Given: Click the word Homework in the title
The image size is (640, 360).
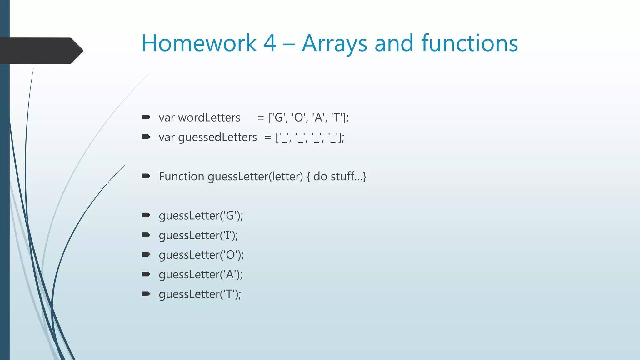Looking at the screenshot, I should tap(199, 43).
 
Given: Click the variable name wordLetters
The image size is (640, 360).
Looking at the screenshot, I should tap(209, 118).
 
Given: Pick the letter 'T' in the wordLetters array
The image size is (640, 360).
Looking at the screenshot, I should tap(337, 118).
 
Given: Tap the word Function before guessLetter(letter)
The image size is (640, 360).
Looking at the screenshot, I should tap(181, 177).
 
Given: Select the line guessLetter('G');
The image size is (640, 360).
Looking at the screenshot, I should tap(201, 216).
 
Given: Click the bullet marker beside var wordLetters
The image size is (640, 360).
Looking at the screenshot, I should tap(146, 117).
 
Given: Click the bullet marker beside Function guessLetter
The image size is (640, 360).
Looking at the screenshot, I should tap(146, 176).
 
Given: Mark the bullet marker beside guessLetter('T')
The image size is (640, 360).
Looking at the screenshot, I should tap(146, 294).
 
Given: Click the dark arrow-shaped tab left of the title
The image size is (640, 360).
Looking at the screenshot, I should tap(41, 51).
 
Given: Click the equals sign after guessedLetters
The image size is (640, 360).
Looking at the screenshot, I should tap(267, 137).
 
